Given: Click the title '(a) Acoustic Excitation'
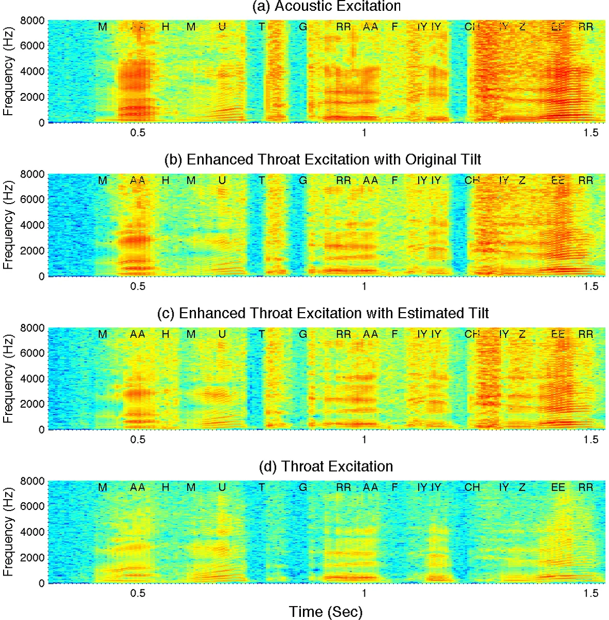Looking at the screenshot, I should pyautogui.click(x=326, y=7).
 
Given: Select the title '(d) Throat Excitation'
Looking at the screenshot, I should pyautogui.click(x=326, y=467).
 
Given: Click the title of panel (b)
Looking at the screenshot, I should pyautogui.click(x=323, y=160).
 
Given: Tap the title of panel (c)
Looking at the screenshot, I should pyautogui.click(x=323, y=314).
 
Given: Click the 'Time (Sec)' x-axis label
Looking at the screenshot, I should pyautogui.click(x=326, y=612).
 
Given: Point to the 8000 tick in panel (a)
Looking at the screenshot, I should pyautogui.click(x=32, y=21).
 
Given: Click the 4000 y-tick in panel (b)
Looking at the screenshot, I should pyautogui.click(x=32, y=225).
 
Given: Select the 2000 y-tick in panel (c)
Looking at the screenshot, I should pyautogui.click(x=32, y=404).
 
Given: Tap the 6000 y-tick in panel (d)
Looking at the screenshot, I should pyautogui.click(x=32, y=506).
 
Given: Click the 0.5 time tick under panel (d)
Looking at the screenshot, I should pyautogui.click(x=138, y=593).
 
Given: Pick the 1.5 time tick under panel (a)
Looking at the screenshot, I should pyautogui.click(x=591, y=133).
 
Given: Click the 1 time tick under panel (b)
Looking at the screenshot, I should pyautogui.click(x=364, y=286).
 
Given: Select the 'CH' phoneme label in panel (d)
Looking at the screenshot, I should pyautogui.click(x=472, y=487).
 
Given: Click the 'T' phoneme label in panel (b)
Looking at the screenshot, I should pyautogui.click(x=262, y=180).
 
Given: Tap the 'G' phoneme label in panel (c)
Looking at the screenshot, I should pyautogui.click(x=303, y=334).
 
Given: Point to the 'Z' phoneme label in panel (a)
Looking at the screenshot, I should pyautogui.click(x=522, y=26).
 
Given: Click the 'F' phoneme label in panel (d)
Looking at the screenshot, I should pyautogui.click(x=395, y=487).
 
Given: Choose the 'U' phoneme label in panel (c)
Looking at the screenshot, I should pyautogui.click(x=222, y=334).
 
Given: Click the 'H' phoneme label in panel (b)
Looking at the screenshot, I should pyautogui.click(x=165, y=180).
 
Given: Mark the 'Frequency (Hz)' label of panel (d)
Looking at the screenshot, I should pyautogui.click(x=8, y=532).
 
